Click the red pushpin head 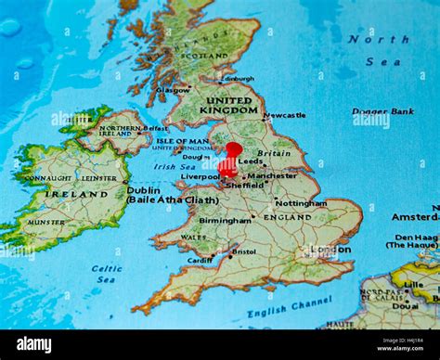233,149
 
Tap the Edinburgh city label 239,79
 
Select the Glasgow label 174,90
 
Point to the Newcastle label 285,116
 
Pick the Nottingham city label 301,202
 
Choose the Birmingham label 225,221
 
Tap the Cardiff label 200,261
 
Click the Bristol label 244,251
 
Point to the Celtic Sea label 107,274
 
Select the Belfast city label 156,128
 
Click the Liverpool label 200,176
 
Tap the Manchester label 272,175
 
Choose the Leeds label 251,161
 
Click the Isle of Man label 182,140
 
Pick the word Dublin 143,189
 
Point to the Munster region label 45,223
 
